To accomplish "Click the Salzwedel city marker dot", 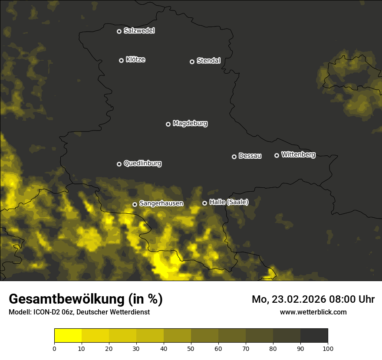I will [x=119, y=31].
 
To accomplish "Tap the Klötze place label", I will [x=135, y=59].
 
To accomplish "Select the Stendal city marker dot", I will [x=192, y=62].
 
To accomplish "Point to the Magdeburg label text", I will [x=190, y=123].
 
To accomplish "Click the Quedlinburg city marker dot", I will [x=119, y=164].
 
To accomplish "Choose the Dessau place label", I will [x=250, y=156].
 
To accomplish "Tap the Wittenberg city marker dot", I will [x=277, y=155].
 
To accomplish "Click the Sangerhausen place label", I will [x=161, y=203].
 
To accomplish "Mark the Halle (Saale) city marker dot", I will [x=204, y=203].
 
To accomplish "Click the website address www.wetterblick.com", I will [x=313, y=312].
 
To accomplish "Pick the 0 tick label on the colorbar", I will [x=54, y=348].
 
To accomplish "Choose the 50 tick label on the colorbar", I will [x=191, y=348].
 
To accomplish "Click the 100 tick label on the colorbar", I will [x=328, y=348].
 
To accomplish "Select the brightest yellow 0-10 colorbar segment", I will [x=68, y=336].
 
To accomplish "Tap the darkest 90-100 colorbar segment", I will [x=314, y=336].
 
